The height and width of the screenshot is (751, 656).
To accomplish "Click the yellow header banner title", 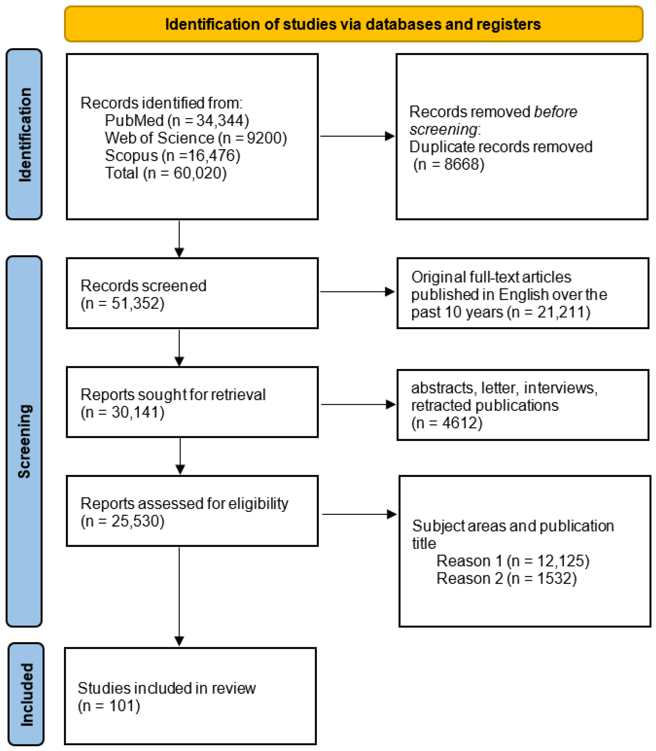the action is (353, 24).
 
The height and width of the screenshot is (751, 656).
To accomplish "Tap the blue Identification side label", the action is (24, 134).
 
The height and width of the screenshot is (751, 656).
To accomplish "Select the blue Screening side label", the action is (24, 441).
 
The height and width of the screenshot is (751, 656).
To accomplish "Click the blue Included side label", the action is (26, 694).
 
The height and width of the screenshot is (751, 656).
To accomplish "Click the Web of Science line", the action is (196, 138).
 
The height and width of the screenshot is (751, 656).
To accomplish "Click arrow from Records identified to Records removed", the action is (357, 136).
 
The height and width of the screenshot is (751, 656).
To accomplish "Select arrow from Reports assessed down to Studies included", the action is (179, 596).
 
